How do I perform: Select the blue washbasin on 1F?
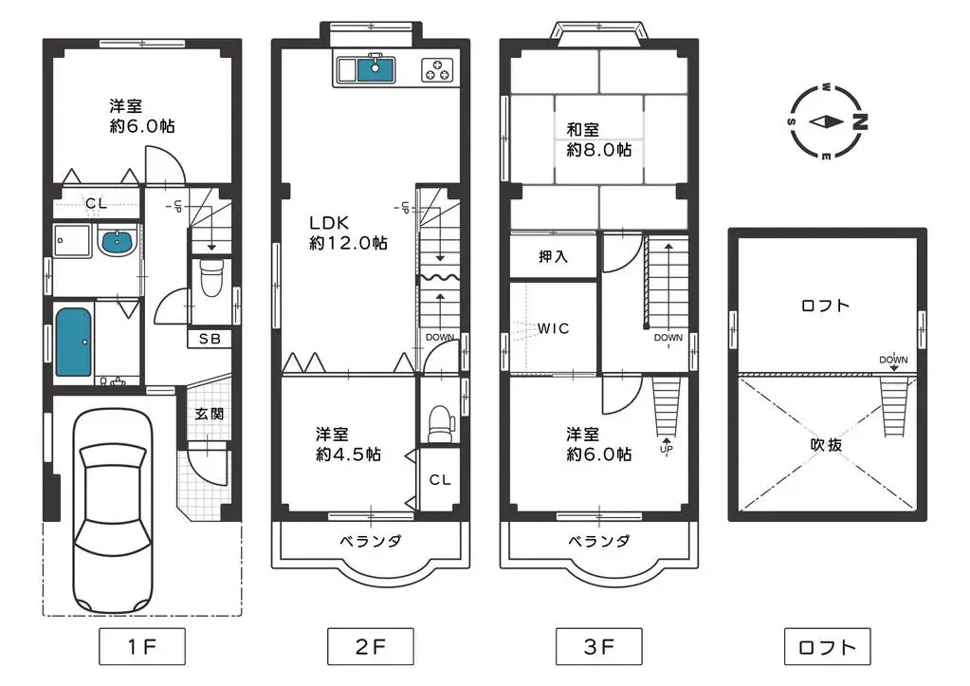[x=117, y=242]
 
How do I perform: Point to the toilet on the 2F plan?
[x=439, y=424]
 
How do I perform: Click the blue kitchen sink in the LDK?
[x=376, y=67]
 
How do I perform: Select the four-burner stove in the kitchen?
[x=436, y=68]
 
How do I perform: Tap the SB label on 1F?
[x=210, y=339]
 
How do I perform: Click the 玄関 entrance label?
[x=210, y=414]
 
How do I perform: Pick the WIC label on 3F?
[x=553, y=328]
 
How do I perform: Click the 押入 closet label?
[x=553, y=256]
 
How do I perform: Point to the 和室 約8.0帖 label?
[x=598, y=139]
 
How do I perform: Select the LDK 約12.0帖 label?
[x=347, y=232]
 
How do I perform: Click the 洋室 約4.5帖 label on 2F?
[x=348, y=443]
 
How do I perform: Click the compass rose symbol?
[x=828, y=121]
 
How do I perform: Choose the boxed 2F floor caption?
[x=370, y=648]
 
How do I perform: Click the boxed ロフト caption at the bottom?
[x=827, y=648]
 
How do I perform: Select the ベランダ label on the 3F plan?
[x=599, y=541]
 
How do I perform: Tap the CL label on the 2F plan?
[x=439, y=480]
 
